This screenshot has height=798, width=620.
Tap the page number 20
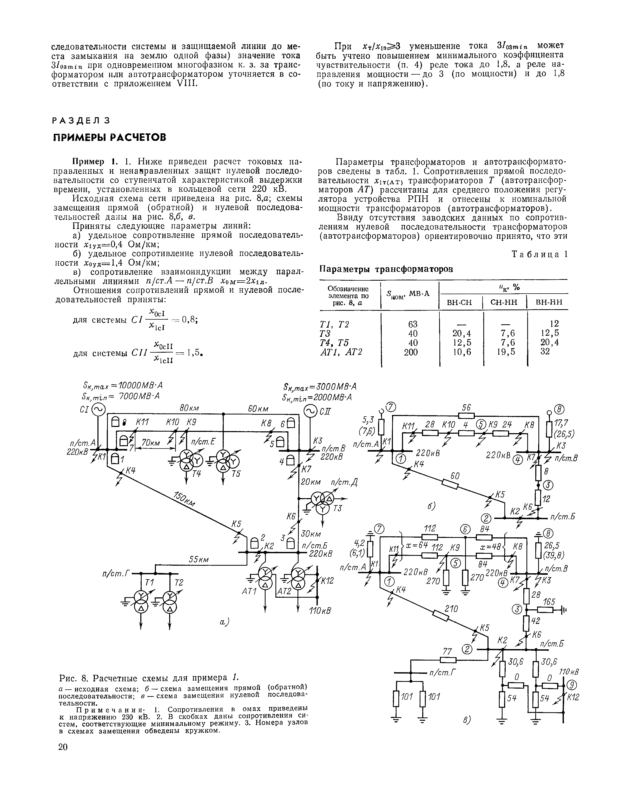[63, 747]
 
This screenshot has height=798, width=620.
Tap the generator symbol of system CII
[310, 412]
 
